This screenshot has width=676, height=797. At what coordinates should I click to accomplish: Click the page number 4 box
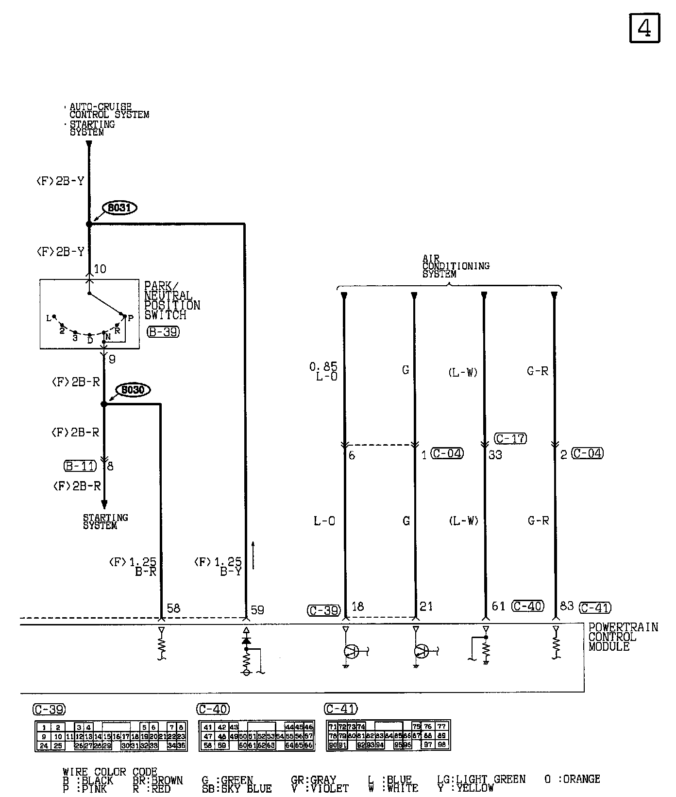click(644, 28)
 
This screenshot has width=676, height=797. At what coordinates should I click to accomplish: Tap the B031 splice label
click(119, 208)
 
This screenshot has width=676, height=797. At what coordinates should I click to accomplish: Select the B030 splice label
click(133, 390)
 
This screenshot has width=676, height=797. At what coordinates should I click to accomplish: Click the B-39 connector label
click(163, 332)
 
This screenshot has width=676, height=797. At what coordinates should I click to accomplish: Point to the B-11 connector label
click(80, 466)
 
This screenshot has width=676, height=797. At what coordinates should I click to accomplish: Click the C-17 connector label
click(510, 438)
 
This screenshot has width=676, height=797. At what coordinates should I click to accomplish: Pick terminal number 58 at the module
click(173, 608)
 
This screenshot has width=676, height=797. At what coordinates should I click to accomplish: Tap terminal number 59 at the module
click(257, 609)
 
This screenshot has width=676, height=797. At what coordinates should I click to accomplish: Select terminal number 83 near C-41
click(567, 606)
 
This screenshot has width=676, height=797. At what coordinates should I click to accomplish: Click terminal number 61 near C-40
click(498, 606)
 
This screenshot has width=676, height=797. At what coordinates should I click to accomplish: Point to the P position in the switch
click(130, 318)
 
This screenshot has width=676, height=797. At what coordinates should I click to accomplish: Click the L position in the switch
click(49, 318)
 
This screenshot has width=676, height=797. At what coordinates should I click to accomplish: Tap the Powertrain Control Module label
click(623, 637)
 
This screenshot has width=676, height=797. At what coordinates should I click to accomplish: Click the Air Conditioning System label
click(455, 266)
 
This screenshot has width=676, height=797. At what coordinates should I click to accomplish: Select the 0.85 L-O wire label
click(323, 371)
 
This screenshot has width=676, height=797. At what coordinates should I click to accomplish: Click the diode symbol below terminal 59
click(246, 641)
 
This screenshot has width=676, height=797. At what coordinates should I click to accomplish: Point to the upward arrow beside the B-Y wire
click(253, 554)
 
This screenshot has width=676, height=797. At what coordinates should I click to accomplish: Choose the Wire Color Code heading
click(110, 772)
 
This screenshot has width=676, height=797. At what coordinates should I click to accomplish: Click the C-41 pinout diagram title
click(340, 709)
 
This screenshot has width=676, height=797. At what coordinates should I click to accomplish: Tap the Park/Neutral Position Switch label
click(171, 300)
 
